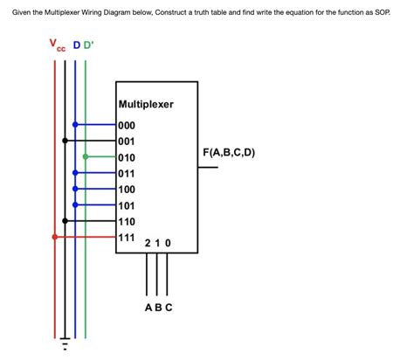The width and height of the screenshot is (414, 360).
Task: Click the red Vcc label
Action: coord(56,45)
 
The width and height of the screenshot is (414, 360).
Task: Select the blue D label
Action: coord(76,45)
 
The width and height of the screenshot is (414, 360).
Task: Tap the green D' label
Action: coord(88,45)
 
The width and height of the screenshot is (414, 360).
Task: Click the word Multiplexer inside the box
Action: coord(146,104)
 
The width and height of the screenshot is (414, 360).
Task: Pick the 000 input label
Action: coord(127,125)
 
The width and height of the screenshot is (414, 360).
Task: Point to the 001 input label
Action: coord(127,141)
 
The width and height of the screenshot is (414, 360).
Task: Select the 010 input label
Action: coord(127,157)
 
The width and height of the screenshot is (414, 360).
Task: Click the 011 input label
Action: coord(127,173)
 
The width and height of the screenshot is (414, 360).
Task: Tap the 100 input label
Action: coord(127,189)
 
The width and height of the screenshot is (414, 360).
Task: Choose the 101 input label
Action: coord(127,205)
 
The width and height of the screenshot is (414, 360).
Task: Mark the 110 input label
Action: coord(127,221)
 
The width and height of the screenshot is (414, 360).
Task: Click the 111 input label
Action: coord(127,237)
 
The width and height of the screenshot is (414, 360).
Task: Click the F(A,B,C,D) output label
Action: coord(229,152)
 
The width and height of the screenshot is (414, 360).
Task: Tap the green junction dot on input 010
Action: coord(86,157)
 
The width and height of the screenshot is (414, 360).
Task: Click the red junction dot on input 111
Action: coord(55,237)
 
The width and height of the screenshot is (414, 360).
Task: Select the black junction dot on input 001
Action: coord(65,141)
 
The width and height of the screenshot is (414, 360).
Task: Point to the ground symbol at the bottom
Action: coord(65,342)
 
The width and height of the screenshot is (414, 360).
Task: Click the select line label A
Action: coord(148,308)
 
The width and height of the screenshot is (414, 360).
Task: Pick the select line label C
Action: coord(169,308)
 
